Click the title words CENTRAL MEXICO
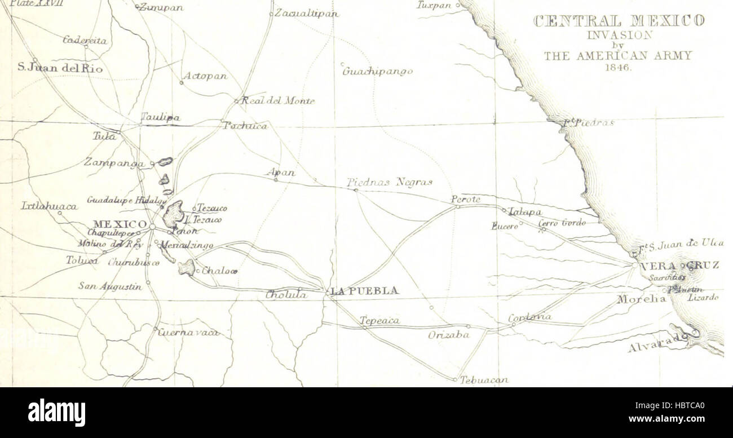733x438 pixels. pos(617,22)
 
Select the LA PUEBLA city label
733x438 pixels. pos(364,291)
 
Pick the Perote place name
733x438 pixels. pos(465,199)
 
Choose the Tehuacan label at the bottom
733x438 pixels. pos(484,381)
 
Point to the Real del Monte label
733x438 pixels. pos(277,101)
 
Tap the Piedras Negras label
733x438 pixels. pos(389,182)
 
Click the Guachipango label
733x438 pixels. pos(377,72)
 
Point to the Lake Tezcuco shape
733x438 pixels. pos(173,214)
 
